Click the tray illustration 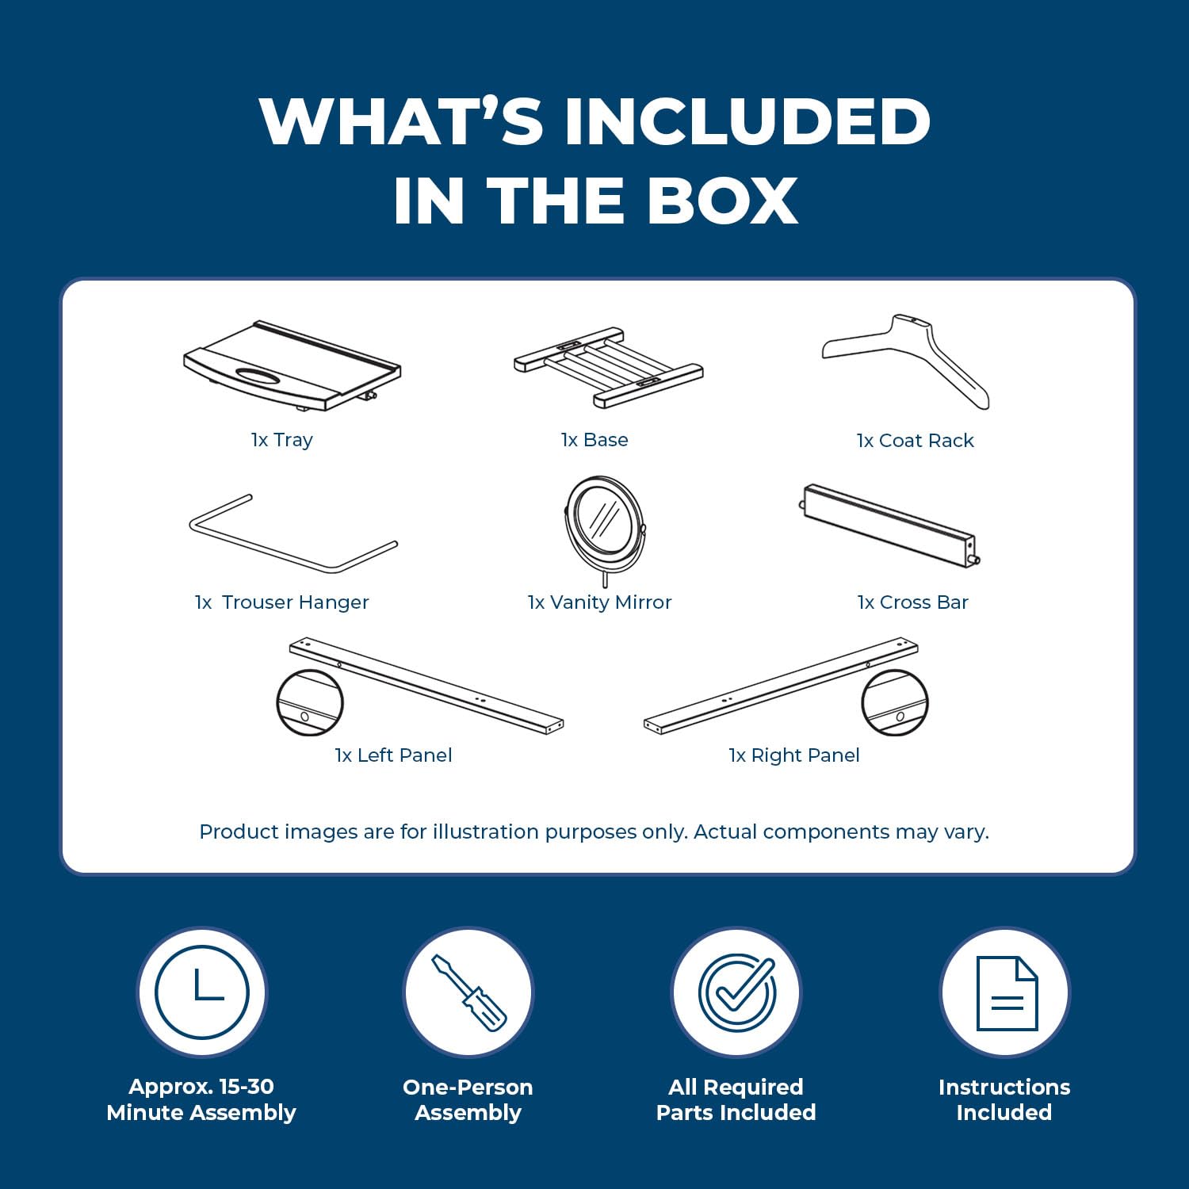pyautogui.click(x=292, y=366)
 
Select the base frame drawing pyautogui.click(x=608, y=367)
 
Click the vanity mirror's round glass pyautogui.click(x=604, y=520)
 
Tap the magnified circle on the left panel pyautogui.click(x=310, y=702)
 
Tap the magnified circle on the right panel pyautogui.click(x=895, y=702)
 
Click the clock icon pyautogui.click(x=202, y=992)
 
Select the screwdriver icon pyautogui.click(x=468, y=992)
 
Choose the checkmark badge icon pyautogui.click(x=737, y=991)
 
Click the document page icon pyautogui.click(x=1007, y=993)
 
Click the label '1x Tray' pyautogui.click(x=282, y=440)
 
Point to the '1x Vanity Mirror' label pyautogui.click(x=600, y=602)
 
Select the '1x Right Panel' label pyautogui.click(x=794, y=755)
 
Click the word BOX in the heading pyautogui.click(x=722, y=201)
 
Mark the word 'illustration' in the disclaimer pyautogui.click(x=485, y=832)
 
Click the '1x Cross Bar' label pyautogui.click(x=913, y=602)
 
